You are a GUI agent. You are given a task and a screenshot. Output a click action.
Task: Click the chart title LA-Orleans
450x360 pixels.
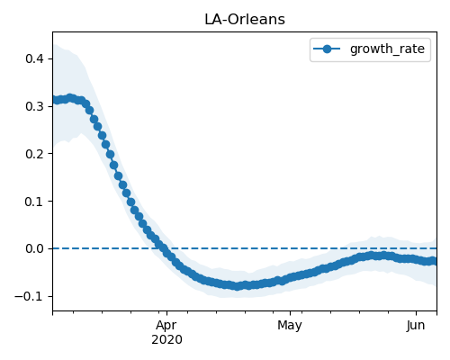click(245, 20)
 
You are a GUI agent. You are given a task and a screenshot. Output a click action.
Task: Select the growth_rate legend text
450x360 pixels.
click(387, 49)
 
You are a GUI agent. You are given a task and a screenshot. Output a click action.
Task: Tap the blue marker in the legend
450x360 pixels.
click(327, 49)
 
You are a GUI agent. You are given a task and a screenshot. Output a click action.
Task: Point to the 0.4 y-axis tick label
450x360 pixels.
click(35, 58)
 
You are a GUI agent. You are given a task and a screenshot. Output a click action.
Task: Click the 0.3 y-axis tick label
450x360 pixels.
click(35, 106)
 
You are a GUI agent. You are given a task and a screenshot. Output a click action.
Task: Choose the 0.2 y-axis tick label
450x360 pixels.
click(35, 154)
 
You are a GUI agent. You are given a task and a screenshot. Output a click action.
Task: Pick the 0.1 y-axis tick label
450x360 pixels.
click(35, 202)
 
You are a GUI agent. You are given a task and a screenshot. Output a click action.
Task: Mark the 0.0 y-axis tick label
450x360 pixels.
click(35, 248)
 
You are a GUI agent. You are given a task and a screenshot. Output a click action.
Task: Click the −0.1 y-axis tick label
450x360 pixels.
click(30, 296)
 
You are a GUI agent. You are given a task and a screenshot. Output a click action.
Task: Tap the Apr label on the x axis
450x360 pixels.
click(166, 325)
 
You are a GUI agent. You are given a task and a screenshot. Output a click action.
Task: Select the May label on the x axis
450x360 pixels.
click(290, 325)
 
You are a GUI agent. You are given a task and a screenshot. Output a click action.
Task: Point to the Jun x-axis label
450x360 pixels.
click(416, 325)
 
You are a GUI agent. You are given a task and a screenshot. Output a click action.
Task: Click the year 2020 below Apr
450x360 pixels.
click(166, 340)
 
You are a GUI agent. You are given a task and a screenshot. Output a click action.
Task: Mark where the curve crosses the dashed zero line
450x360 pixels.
click(163, 248)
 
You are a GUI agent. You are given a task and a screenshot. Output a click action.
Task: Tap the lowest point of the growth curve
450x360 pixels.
click(238, 286)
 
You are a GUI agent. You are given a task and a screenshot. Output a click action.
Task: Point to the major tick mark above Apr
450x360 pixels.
click(166, 313)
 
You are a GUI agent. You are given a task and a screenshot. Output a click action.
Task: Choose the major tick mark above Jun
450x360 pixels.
click(416, 313)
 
